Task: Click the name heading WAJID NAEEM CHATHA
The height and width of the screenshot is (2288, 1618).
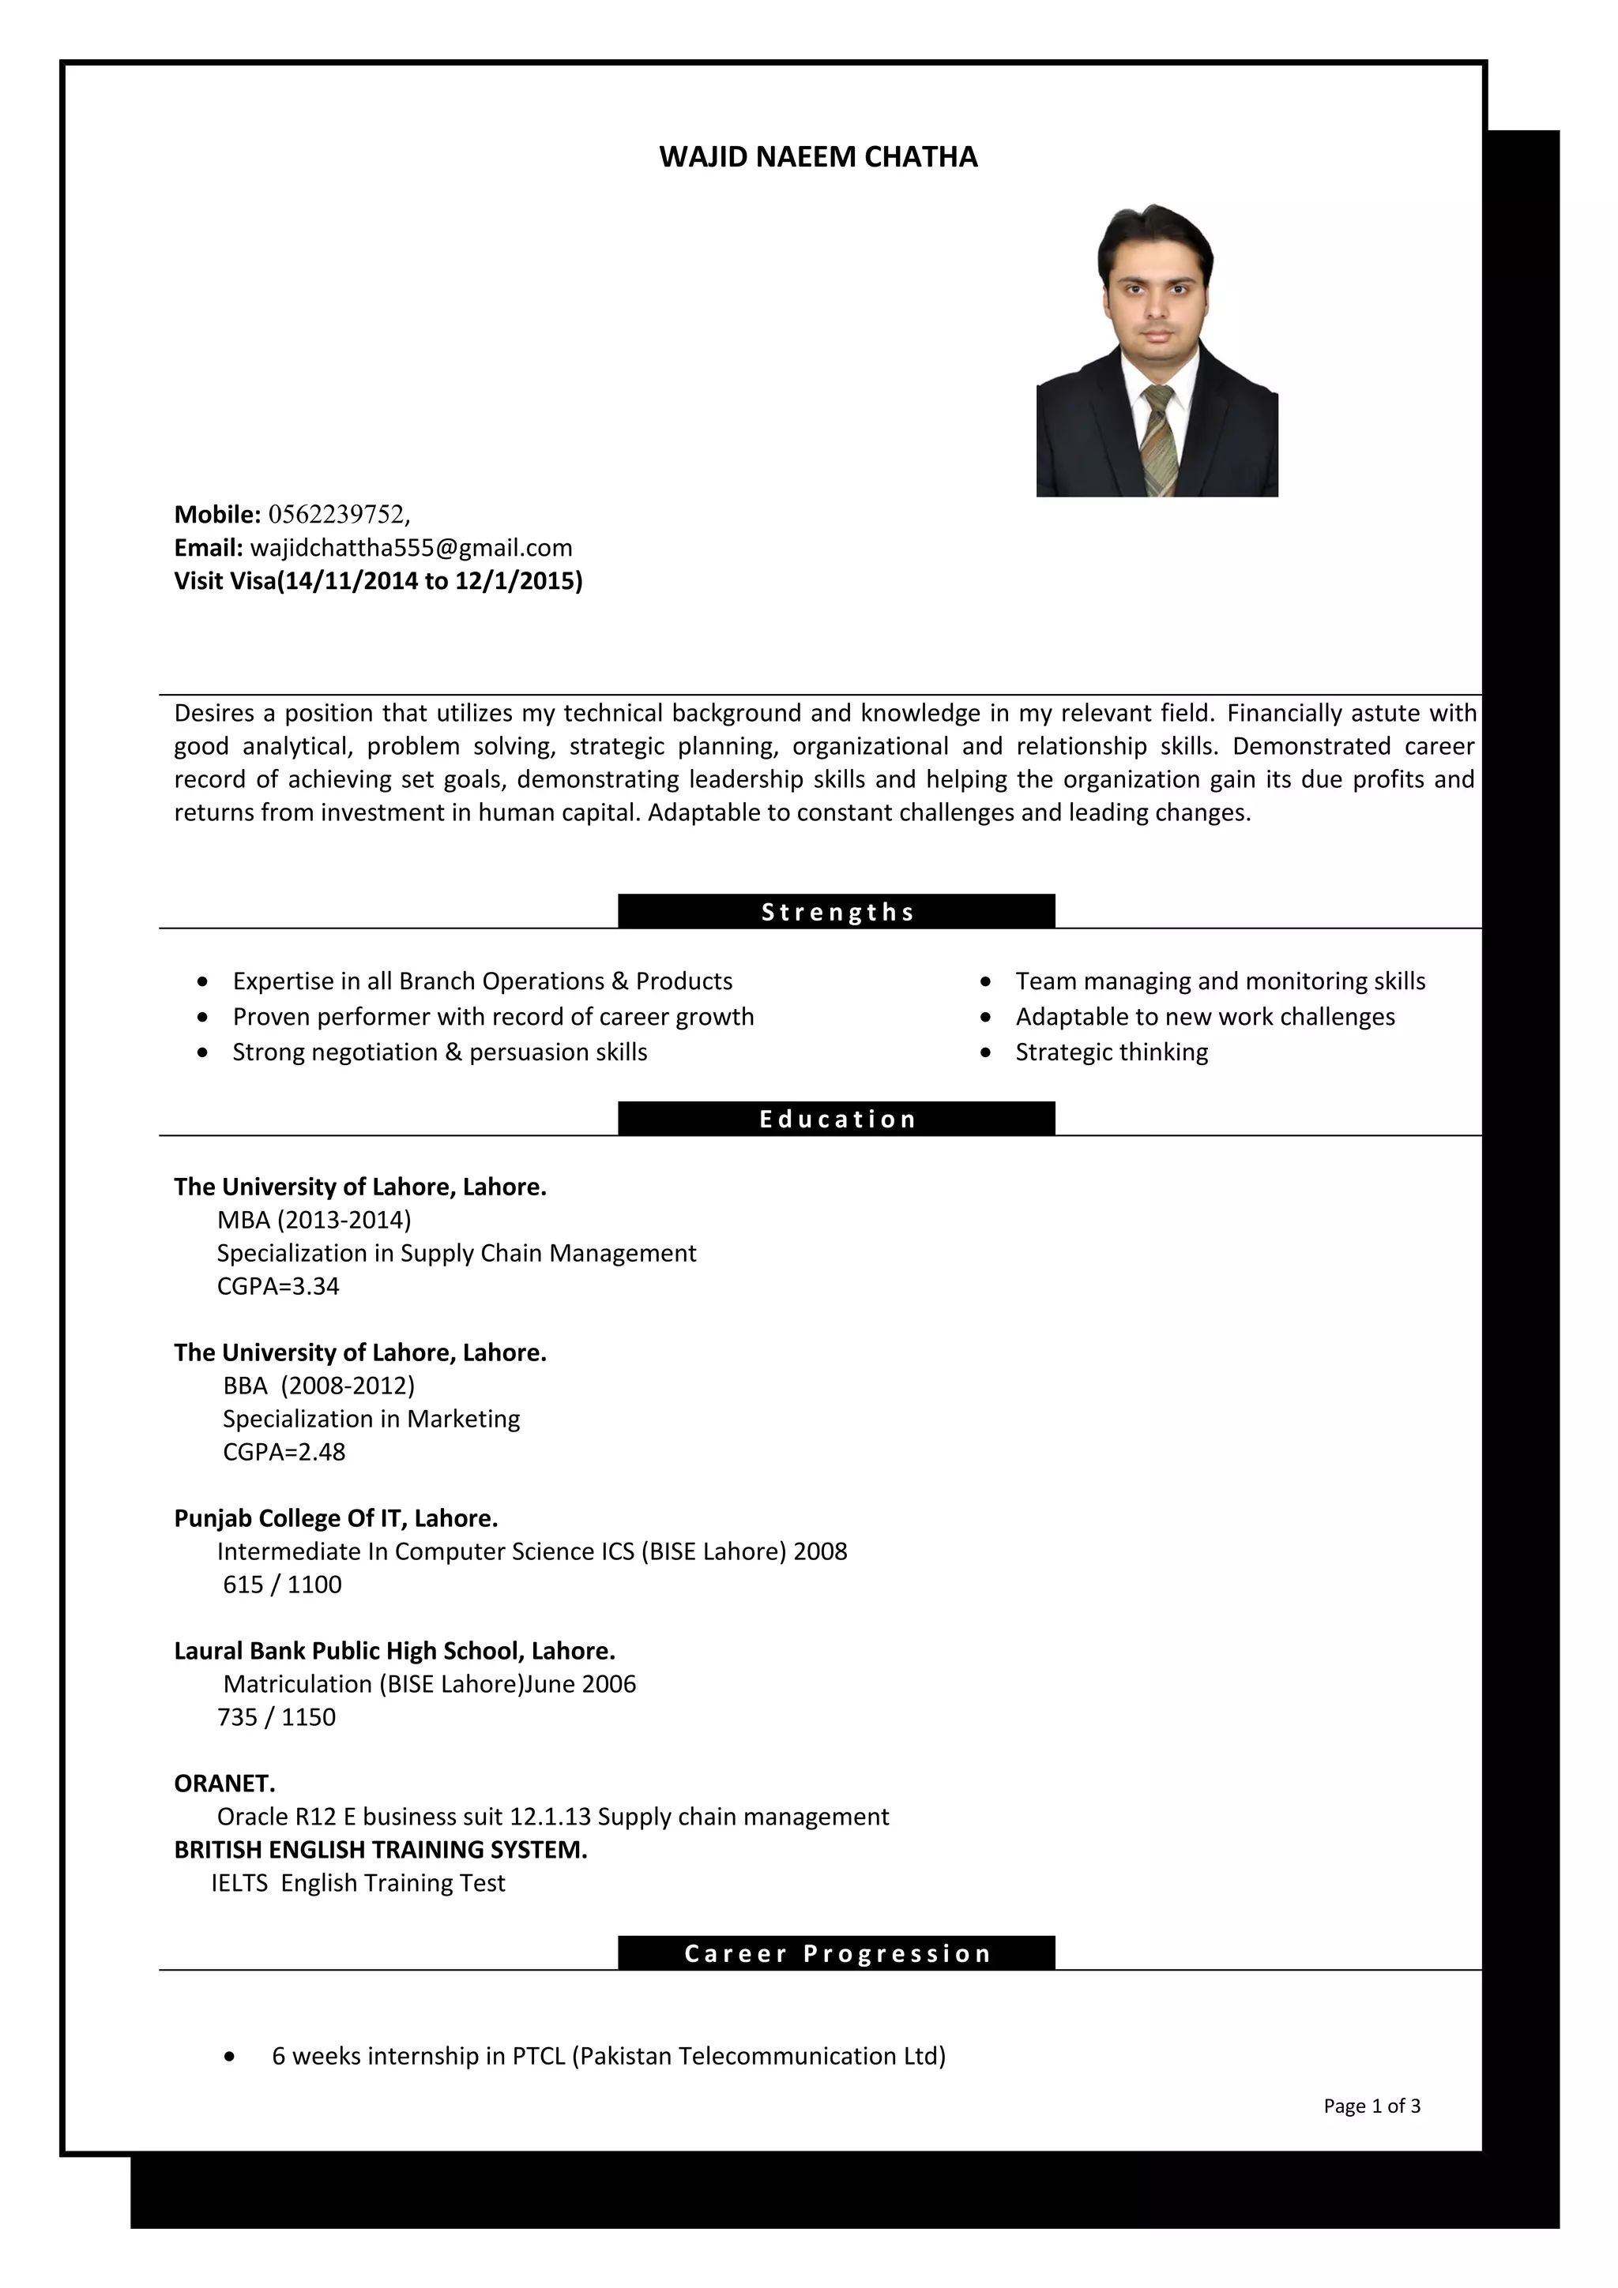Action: [818, 156]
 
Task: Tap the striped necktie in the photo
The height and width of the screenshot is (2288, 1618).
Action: [1158, 438]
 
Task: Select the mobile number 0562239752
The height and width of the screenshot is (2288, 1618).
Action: [338, 514]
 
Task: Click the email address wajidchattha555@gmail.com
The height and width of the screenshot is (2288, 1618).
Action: [411, 547]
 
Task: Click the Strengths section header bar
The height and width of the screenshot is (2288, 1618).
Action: [837, 912]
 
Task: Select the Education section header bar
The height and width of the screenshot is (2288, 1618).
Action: [837, 1119]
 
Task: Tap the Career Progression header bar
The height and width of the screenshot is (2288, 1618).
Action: [837, 1953]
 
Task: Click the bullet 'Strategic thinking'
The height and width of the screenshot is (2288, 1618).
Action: [1111, 1052]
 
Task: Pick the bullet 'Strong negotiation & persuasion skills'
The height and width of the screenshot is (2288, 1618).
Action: [439, 1052]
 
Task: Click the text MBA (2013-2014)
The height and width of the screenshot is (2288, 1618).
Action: [314, 1220]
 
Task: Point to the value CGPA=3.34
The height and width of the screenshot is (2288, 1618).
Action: [278, 1286]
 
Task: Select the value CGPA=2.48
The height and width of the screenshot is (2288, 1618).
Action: [284, 1452]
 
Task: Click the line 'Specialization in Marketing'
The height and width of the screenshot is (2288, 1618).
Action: [371, 1419]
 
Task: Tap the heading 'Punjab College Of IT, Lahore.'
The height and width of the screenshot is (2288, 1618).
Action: [336, 1517]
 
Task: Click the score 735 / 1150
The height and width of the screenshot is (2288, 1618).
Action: [277, 1717]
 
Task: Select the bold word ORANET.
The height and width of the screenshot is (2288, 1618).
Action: [224, 1783]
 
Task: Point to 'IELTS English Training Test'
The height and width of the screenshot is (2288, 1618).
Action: [358, 1882]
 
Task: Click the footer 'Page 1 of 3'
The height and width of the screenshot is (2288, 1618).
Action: [1371, 2106]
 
